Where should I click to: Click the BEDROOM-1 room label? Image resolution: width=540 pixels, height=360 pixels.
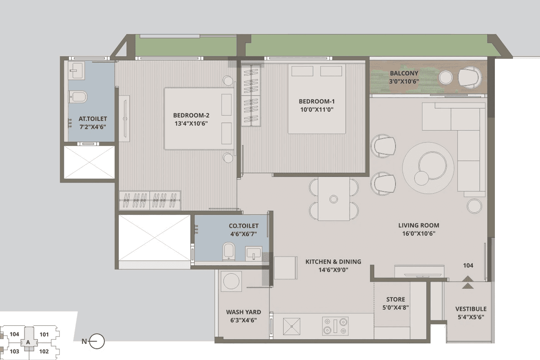tap(316, 102)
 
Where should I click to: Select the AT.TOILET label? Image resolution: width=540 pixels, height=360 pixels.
tap(93, 119)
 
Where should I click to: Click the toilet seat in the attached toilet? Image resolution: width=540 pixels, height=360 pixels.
tap(78, 97)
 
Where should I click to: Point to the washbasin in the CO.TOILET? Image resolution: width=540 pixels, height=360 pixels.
tap(254, 253)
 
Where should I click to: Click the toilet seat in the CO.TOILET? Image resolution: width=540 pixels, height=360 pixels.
tap(228, 250)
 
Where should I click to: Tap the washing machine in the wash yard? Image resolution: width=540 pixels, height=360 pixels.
tap(232, 281)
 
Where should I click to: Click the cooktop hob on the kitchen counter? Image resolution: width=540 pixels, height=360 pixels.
tap(335, 326)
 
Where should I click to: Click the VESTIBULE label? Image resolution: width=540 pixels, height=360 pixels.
tap(470, 309)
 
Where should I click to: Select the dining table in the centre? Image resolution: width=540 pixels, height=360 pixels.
tap(334, 199)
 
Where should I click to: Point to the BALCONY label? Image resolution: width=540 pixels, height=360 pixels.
tap(404, 73)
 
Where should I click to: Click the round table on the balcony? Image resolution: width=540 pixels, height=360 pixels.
tap(445, 78)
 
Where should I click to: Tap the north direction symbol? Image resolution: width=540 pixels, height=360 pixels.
tap(97, 341)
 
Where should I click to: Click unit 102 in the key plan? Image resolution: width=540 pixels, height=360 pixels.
tap(44, 351)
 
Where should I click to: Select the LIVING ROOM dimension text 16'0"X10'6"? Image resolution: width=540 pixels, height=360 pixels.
tap(418, 233)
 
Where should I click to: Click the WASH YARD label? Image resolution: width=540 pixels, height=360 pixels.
tap(243, 312)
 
